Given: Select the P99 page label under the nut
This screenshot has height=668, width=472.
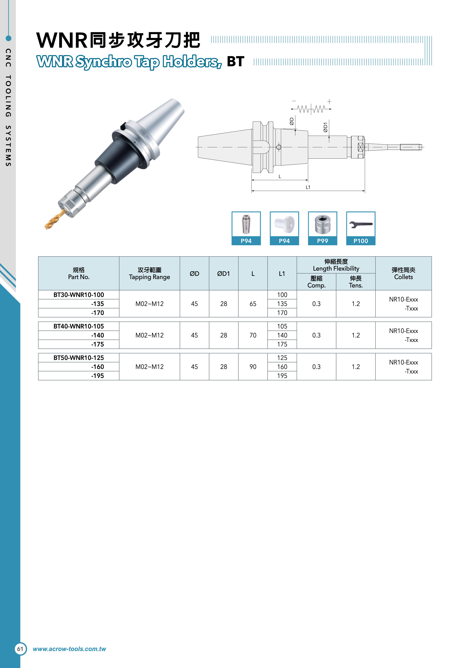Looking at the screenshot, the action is (x=323, y=241).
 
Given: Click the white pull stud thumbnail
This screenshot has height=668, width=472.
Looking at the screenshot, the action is (x=284, y=224).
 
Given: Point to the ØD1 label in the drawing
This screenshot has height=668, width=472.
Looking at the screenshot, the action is (x=325, y=127).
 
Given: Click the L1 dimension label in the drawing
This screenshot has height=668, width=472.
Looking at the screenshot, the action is (x=308, y=187).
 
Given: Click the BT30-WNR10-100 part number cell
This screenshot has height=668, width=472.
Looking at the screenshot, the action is (x=79, y=295).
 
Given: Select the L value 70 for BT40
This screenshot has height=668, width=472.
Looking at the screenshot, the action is (x=253, y=335).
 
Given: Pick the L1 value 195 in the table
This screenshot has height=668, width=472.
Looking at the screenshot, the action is (x=282, y=376).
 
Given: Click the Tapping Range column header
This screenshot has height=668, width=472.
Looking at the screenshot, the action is (x=149, y=273).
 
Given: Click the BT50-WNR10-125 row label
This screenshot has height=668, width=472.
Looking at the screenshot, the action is (x=79, y=358).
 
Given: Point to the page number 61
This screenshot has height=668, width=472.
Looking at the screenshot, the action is (x=20, y=649).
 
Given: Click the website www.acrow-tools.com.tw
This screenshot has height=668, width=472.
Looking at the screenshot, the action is (x=69, y=649).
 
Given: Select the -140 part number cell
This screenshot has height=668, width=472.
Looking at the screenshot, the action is (x=97, y=335).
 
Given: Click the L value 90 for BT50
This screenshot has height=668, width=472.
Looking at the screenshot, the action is (x=253, y=367).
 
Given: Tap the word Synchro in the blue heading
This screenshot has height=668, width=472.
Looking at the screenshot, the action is (x=104, y=62).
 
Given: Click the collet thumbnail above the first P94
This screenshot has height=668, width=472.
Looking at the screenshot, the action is (x=246, y=224).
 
